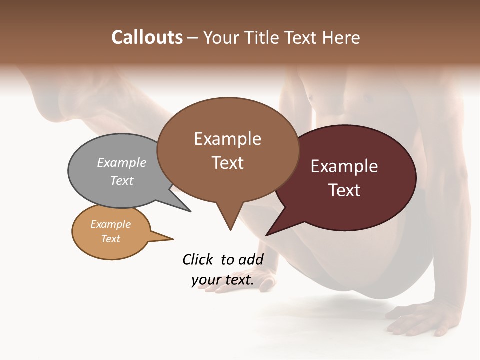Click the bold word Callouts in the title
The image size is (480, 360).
147,37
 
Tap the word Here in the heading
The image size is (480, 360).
341,37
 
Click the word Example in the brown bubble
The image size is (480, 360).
227,139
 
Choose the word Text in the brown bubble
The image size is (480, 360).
227,163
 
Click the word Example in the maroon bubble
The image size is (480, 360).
344,166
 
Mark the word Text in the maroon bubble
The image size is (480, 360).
345,190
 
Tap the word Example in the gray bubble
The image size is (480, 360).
122,162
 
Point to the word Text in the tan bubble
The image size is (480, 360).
111,239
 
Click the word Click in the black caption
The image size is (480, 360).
198,259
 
